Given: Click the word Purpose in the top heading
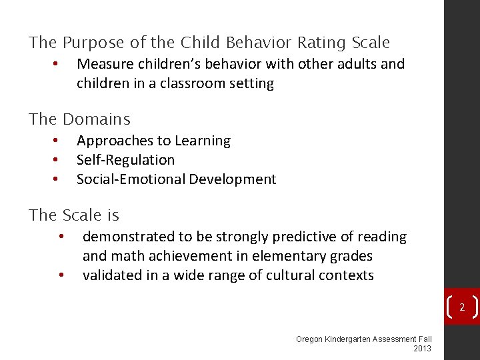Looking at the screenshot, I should [93, 43].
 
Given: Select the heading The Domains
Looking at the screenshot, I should [79, 120].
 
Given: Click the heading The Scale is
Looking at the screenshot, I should [73, 215].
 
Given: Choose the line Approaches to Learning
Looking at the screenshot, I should [153, 141].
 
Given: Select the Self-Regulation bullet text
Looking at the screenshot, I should [125, 160].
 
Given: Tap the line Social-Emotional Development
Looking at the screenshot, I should [176, 179].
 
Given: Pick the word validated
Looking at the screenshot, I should [111, 275].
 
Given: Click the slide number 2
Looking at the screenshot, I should [461, 307].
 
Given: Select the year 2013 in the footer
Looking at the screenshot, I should [423, 349].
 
